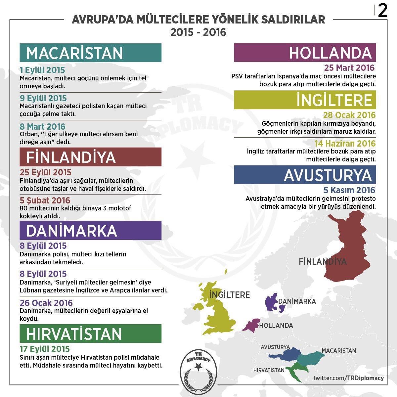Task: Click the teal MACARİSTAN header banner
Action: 90,53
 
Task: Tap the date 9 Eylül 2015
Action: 43,98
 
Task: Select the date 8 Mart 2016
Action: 43,126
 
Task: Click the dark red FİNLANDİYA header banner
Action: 90,157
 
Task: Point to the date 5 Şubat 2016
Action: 45,200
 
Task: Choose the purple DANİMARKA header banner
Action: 90,231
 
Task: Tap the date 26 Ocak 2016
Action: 46,303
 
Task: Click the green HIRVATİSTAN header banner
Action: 90,333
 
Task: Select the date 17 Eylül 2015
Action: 45,349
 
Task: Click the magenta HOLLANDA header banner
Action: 305,53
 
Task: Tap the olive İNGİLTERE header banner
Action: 305,100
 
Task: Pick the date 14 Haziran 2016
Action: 345,144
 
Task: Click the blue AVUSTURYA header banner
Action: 305,175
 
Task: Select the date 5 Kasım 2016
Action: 349,190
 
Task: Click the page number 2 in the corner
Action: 383,12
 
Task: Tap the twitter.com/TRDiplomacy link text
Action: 348,378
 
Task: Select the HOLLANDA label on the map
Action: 276,326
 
